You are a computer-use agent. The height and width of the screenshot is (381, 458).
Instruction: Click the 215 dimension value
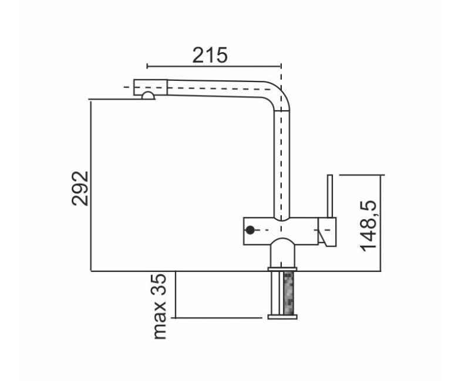pyautogui.click(x=210, y=55)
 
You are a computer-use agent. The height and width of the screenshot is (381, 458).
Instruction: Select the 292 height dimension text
pyautogui.click(x=80, y=189)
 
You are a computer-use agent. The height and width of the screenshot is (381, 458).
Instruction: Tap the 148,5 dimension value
pyautogui.click(x=369, y=226)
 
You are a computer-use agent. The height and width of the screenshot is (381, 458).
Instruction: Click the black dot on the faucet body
pyautogui.click(x=250, y=230)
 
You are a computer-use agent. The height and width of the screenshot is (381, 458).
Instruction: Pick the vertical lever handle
pyautogui.click(x=330, y=196)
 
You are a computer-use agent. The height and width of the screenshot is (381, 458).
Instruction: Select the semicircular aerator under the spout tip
pyautogui.click(x=148, y=96)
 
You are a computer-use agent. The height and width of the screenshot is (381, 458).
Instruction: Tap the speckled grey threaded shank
pyautogui.click(x=288, y=292)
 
